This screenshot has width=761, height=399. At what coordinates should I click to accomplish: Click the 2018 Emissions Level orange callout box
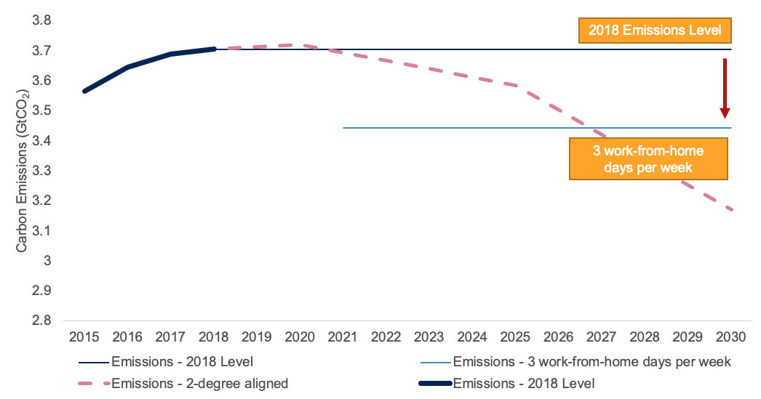point(654,31)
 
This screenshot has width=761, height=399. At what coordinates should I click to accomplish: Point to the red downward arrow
point(725,87)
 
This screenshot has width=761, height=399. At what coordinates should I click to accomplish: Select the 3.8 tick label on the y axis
point(41,20)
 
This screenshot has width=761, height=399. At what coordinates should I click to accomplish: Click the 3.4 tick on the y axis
point(41,140)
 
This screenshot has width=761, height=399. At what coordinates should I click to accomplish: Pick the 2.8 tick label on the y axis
point(41,321)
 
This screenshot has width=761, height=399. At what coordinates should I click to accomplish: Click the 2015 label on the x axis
point(84,338)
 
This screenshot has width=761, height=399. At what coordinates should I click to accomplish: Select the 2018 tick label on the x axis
point(213,338)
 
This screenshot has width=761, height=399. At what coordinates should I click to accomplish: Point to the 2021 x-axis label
point(343,338)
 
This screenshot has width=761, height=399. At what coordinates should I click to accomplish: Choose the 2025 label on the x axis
point(515,338)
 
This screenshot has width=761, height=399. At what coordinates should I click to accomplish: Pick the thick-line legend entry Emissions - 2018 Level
point(523,383)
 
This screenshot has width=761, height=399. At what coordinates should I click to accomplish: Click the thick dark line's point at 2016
point(128,67)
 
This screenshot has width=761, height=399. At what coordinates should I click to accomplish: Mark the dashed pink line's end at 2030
point(730,210)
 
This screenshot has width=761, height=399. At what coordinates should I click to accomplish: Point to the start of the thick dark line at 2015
point(85,91)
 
